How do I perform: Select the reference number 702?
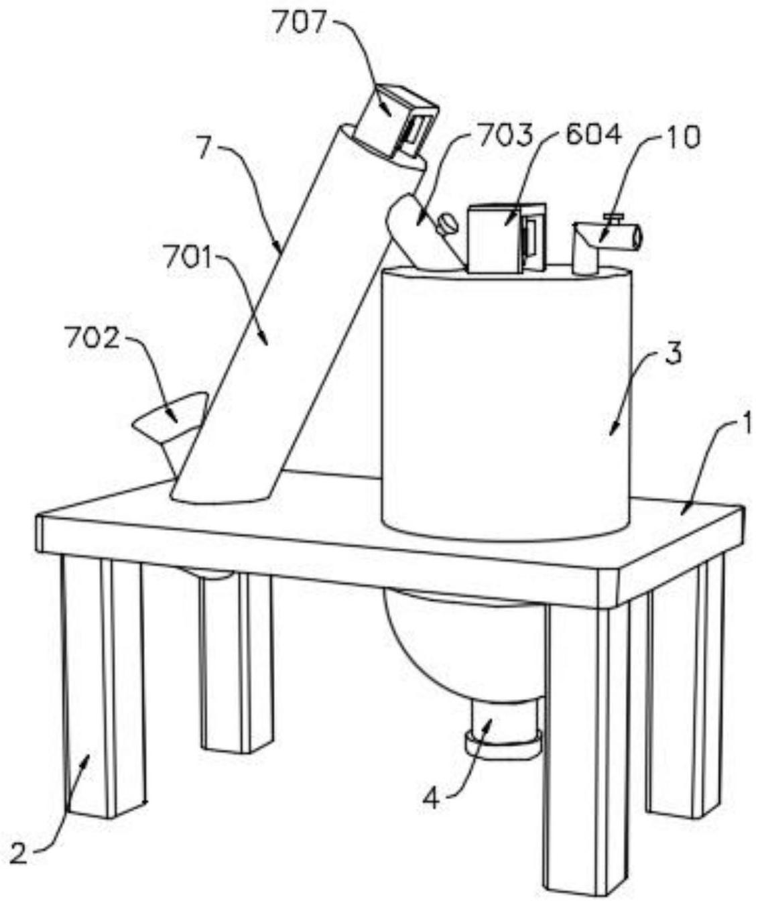92,338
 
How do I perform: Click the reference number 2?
20,854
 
